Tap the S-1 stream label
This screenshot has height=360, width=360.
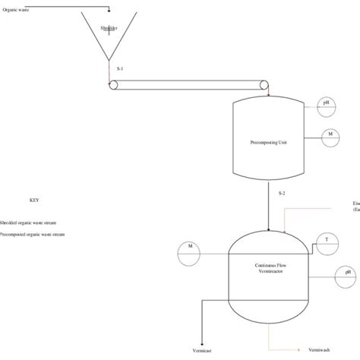click(x=120, y=68)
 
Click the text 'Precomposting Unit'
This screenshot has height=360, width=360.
click(x=268, y=142)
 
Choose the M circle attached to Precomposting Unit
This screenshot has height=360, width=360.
click(x=331, y=136)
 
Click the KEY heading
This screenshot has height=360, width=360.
click(x=33, y=201)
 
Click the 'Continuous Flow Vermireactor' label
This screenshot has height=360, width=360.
click(x=270, y=267)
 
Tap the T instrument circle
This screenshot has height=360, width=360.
click(x=327, y=239)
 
